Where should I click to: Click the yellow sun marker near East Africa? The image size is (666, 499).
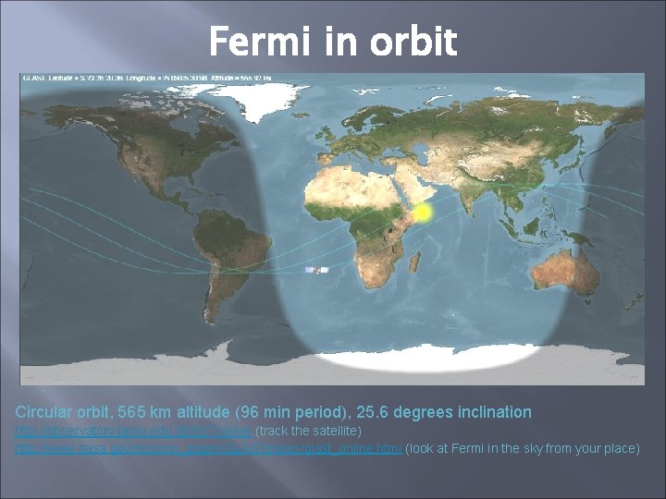point(421,213)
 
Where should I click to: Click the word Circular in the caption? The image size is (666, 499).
point(43,412)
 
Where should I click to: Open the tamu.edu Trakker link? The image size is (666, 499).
point(132,432)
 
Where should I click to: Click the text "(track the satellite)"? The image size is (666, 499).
point(314,432)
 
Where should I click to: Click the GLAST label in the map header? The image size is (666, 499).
point(31,77)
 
